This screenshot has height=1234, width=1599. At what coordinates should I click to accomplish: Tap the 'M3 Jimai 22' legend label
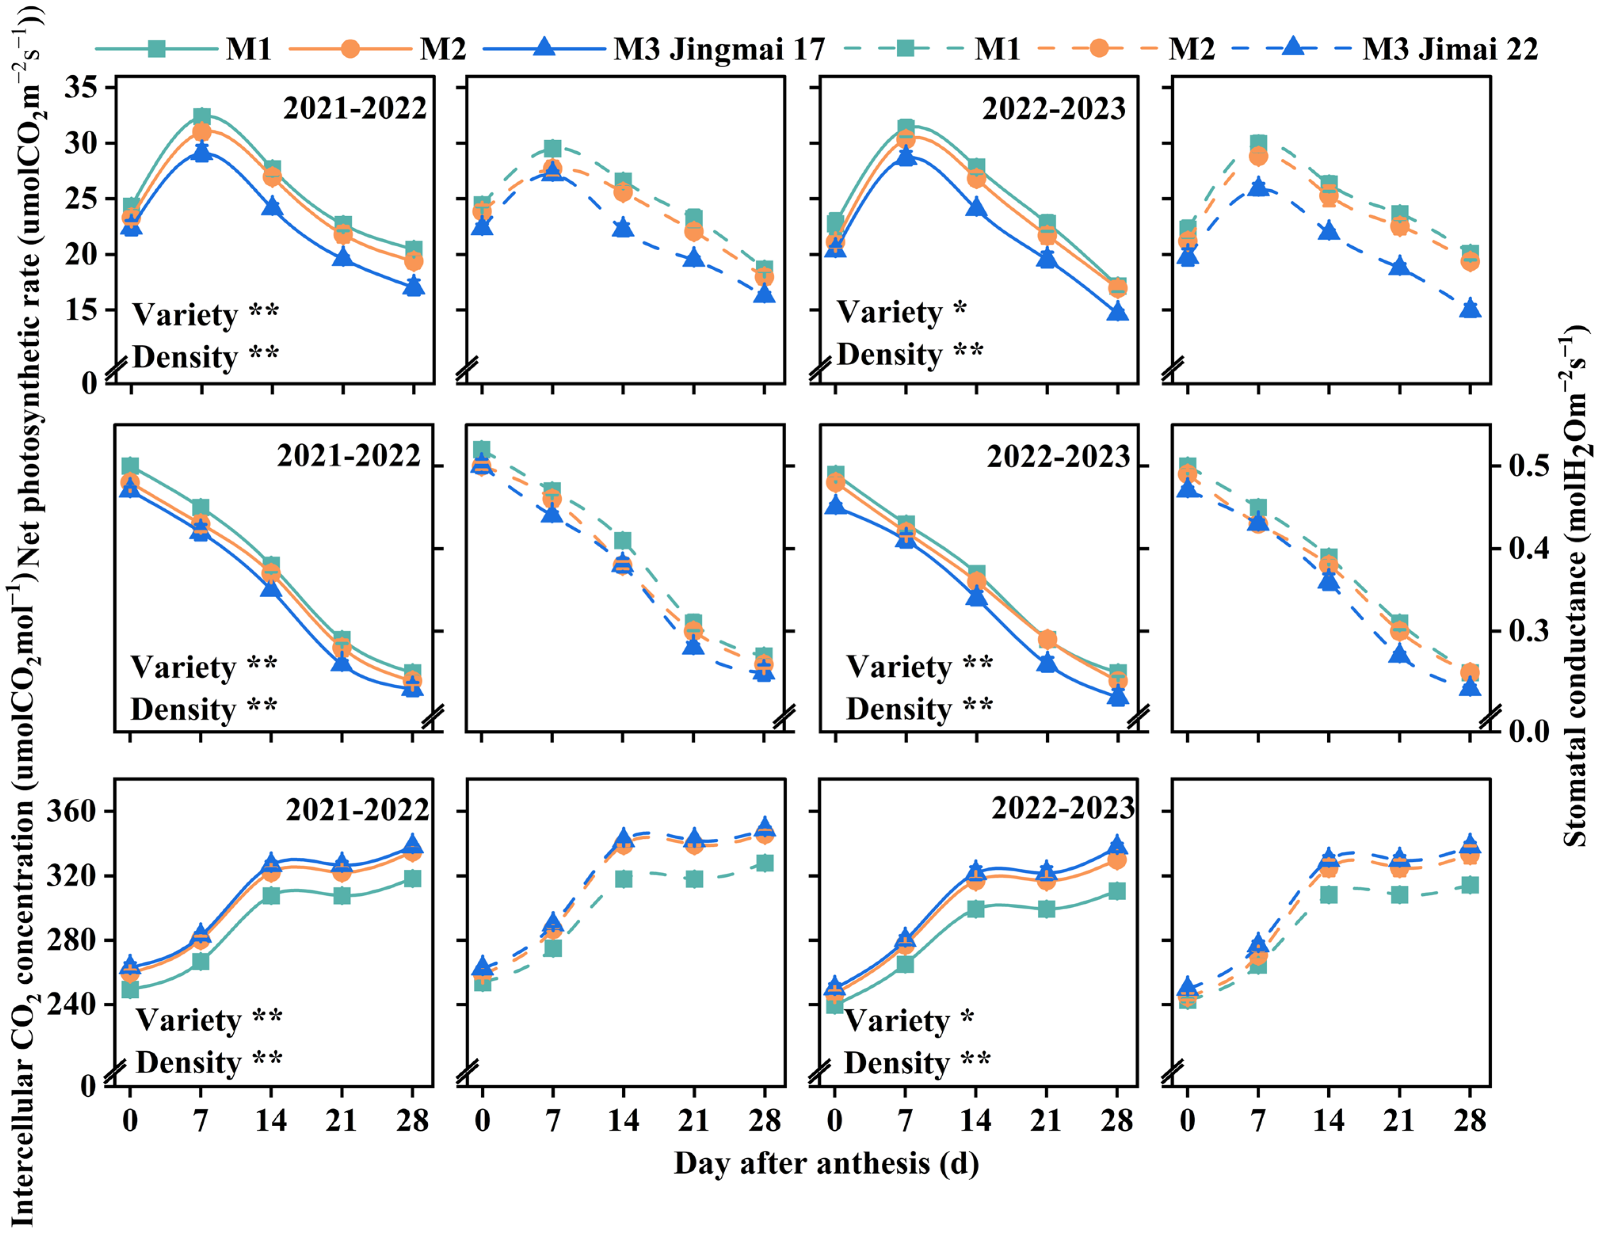coord(1450,49)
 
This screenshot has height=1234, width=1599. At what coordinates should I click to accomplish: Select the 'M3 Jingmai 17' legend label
coord(719,49)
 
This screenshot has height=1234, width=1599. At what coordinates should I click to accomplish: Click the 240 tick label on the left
coord(71,1004)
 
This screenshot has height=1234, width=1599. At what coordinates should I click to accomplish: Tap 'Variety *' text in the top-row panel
coord(901,312)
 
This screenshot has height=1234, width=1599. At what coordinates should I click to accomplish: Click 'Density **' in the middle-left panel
coord(204,708)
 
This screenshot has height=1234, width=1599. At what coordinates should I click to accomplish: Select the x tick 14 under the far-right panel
coord(1328,1120)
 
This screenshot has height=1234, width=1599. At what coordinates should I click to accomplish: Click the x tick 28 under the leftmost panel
coord(412,1120)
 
